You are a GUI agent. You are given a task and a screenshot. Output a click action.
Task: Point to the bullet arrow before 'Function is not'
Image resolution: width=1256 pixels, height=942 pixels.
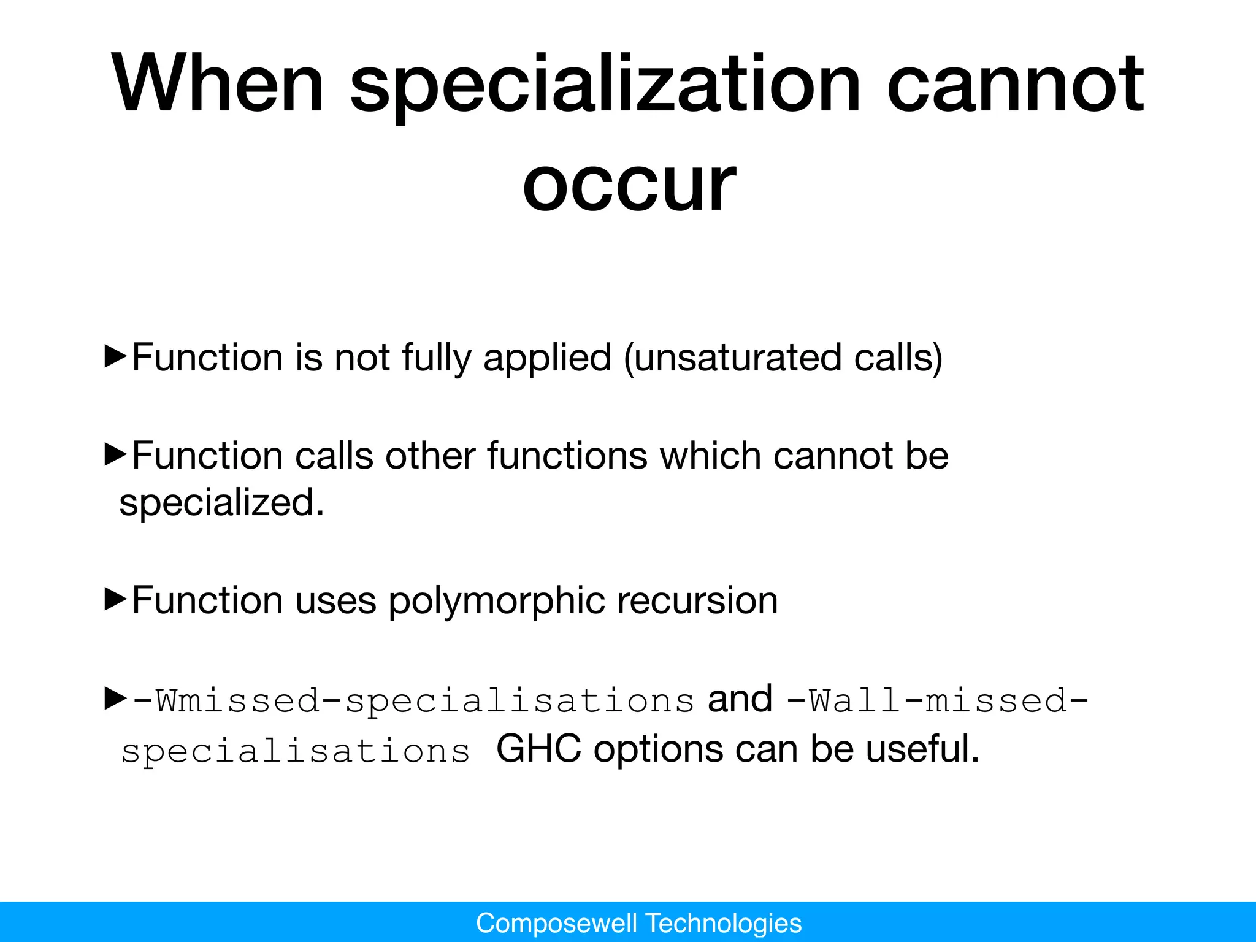(115, 356)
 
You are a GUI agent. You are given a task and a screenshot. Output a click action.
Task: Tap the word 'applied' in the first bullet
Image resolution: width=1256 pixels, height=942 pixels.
(547, 359)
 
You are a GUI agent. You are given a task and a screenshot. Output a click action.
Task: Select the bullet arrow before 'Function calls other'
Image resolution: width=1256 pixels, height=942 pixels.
(115, 455)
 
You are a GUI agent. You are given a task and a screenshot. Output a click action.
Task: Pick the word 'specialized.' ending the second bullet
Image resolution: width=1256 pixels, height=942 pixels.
(221, 504)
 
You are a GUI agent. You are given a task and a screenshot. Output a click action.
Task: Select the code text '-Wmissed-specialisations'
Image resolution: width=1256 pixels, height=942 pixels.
(413, 701)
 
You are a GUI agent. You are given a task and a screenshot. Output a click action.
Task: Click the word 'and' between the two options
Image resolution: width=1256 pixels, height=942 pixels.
(740, 699)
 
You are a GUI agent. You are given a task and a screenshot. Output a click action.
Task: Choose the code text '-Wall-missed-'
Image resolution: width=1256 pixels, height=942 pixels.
(937, 701)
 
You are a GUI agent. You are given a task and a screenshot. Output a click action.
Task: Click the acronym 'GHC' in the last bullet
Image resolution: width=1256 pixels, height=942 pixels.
(538, 749)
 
